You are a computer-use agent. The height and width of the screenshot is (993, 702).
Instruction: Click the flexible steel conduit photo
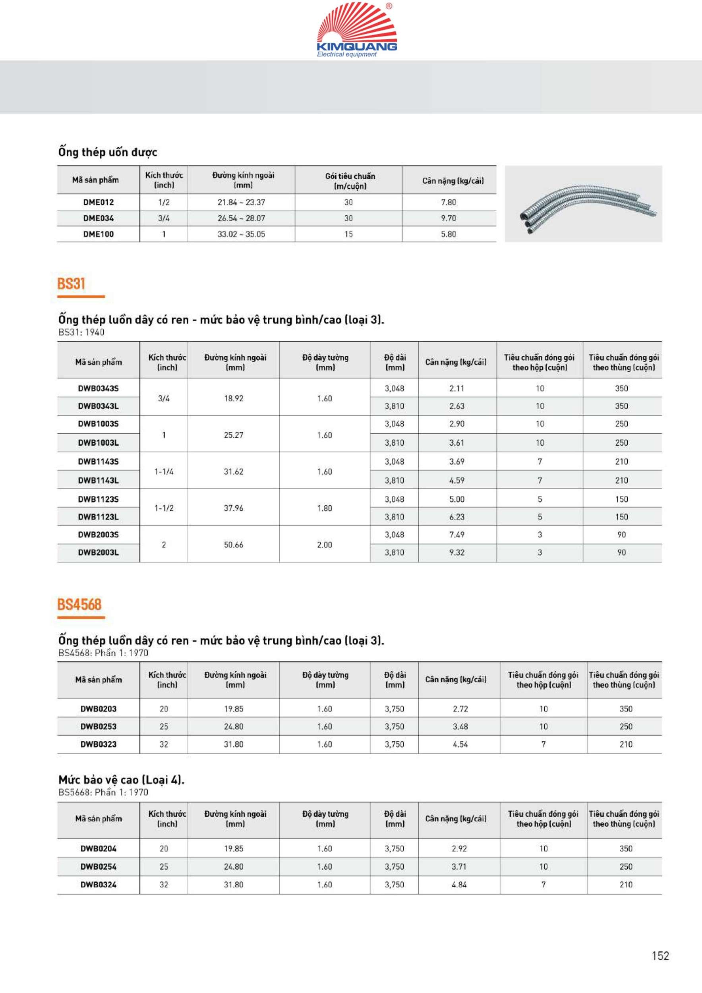click(x=583, y=204)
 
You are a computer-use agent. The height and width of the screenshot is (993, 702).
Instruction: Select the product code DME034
click(x=98, y=218)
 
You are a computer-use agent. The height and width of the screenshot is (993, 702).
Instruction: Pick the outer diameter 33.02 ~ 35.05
click(x=241, y=234)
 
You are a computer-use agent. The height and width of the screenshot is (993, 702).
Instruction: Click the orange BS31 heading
click(x=72, y=284)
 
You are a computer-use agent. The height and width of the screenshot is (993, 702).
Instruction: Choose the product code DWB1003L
click(x=98, y=443)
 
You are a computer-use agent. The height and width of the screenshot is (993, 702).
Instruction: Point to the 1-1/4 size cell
click(x=164, y=472)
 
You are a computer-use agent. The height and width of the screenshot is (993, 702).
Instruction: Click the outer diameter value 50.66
click(x=234, y=545)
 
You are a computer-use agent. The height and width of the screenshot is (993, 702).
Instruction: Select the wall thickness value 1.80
click(x=325, y=508)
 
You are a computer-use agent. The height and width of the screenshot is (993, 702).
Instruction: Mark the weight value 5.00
click(x=457, y=500)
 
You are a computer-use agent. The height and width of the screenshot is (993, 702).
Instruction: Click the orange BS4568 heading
click(x=79, y=605)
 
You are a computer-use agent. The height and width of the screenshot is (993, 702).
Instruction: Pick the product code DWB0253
click(x=98, y=726)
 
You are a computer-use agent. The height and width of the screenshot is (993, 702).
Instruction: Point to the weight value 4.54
click(x=460, y=744)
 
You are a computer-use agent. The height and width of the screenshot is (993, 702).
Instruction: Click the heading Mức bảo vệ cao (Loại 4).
click(x=122, y=780)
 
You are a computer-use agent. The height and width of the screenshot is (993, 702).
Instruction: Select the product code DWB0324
click(x=98, y=885)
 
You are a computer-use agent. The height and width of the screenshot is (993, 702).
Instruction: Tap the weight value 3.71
click(x=459, y=867)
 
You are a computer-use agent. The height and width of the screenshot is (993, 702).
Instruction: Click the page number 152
click(x=660, y=956)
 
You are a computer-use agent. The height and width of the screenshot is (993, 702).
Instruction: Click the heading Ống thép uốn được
click(x=108, y=152)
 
